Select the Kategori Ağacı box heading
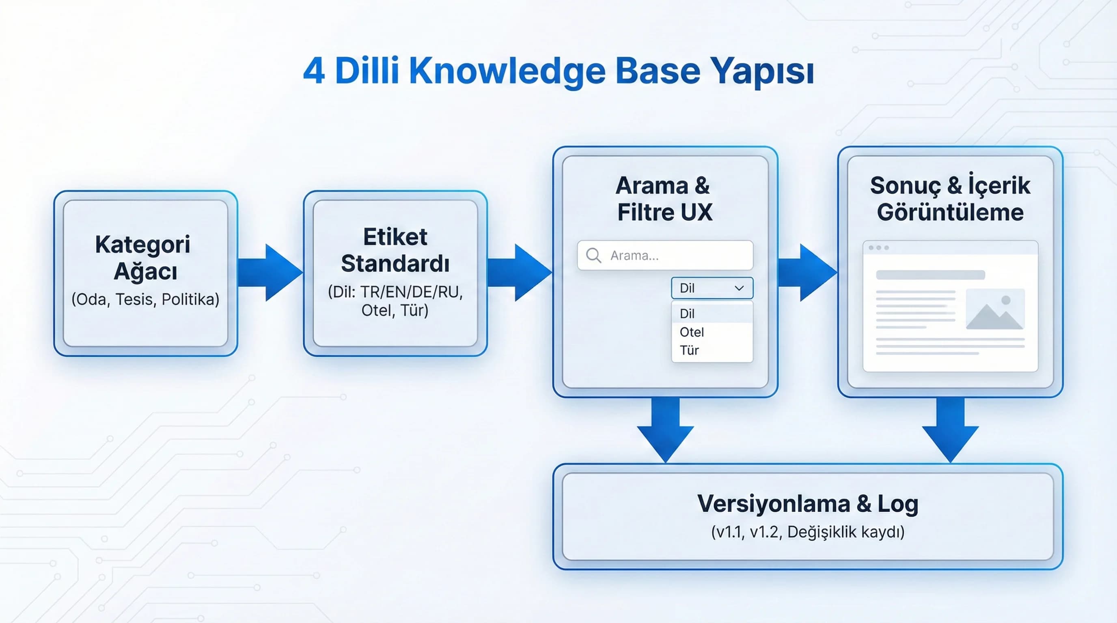(x=143, y=258)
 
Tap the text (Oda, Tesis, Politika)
(x=145, y=299)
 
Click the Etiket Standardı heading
(x=395, y=250)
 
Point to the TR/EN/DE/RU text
(x=412, y=292)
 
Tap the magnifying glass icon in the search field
(x=593, y=256)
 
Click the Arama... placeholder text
(x=634, y=256)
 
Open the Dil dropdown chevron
(x=739, y=288)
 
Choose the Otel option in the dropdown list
(x=692, y=332)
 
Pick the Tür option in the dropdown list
(x=689, y=350)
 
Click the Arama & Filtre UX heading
(x=664, y=199)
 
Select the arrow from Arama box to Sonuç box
(x=807, y=272)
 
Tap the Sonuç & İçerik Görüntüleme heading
(x=950, y=199)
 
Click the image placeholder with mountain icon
(x=995, y=309)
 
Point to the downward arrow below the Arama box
(x=665, y=429)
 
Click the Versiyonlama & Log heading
(x=807, y=503)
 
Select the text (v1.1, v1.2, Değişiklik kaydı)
(x=807, y=532)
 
